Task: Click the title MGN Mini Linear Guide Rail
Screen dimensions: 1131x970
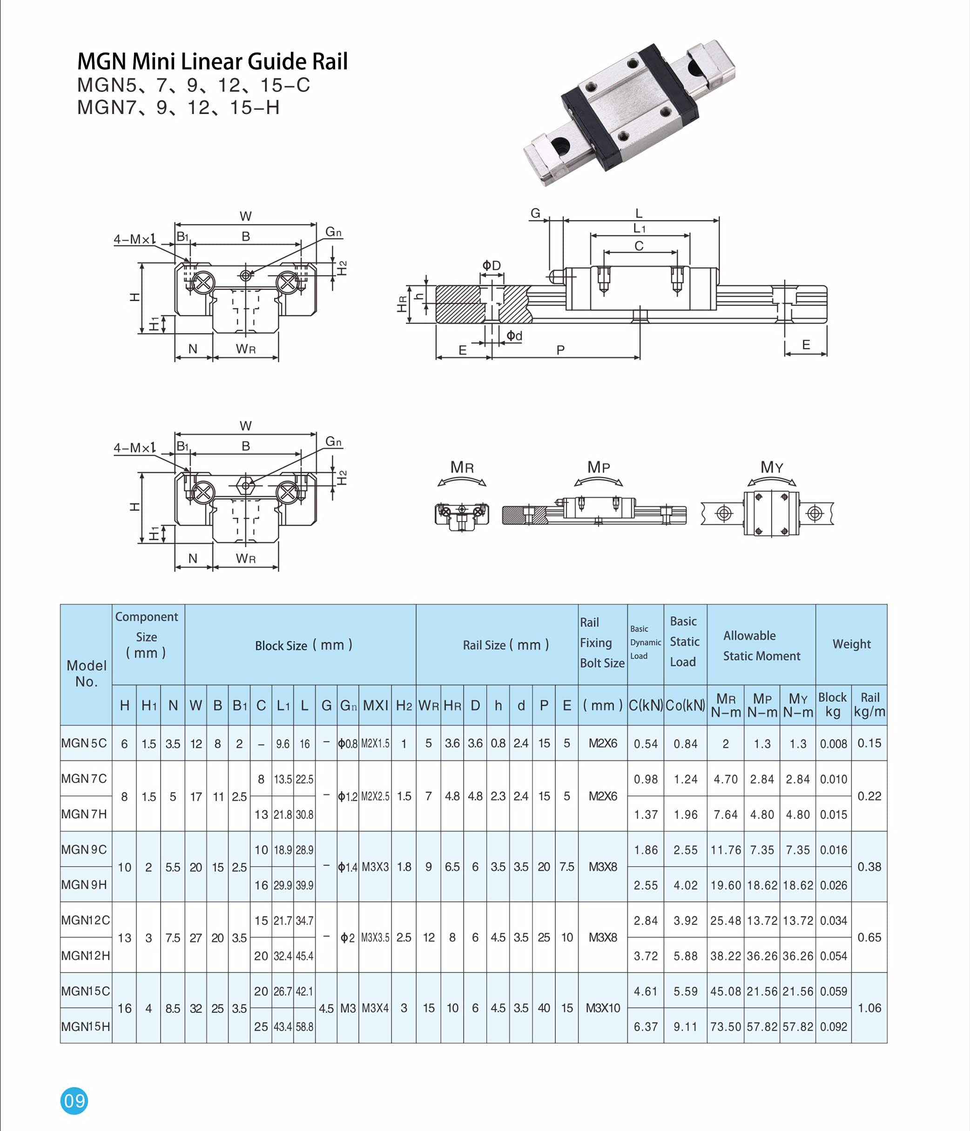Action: pyautogui.click(x=212, y=61)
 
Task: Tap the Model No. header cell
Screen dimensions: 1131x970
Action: pyautogui.click(x=86, y=673)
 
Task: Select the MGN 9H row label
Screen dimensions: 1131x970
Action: pyautogui.click(x=84, y=884)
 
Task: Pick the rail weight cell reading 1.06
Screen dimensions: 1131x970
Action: pyautogui.click(x=869, y=1008)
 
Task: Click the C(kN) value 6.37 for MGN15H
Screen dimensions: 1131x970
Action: pyautogui.click(x=646, y=1027)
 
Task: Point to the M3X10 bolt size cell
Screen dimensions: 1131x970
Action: pyautogui.click(x=602, y=1008)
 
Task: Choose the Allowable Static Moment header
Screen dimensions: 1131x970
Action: pyautogui.click(x=761, y=645)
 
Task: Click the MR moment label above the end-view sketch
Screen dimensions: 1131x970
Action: pyautogui.click(x=462, y=467)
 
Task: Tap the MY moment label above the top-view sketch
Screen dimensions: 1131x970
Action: pyautogui.click(x=771, y=467)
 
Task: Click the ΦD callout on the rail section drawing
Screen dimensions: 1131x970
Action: pyautogui.click(x=491, y=265)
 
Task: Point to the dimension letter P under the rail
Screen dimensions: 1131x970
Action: pyautogui.click(x=560, y=350)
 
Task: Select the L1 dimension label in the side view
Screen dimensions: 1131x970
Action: pyautogui.click(x=639, y=228)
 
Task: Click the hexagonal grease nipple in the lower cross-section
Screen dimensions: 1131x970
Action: pyautogui.click(x=246, y=484)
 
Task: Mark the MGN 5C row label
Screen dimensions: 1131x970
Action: pyautogui.click(x=84, y=743)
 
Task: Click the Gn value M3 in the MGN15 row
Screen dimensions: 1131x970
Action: pyautogui.click(x=348, y=1008)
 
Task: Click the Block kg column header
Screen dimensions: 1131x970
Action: pyautogui.click(x=832, y=704)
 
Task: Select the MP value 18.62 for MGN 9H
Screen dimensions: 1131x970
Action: pyautogui.click(x=762, y=885)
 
